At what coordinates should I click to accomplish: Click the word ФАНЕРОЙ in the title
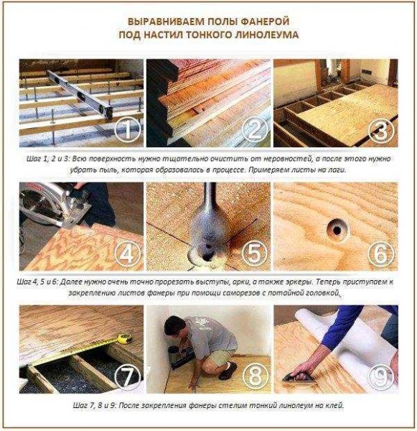pyautogui.click(x=265, y=22)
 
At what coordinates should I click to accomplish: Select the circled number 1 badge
pyautogui.click(x=128, y=130)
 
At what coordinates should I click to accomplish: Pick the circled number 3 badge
pyautogui.click(x=382, y=130)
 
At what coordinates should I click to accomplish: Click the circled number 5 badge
pyautogui.click(x=255, y=254)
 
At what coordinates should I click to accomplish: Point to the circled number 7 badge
pyautogui.click(x=128, y=376)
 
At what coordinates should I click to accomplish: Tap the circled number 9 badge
pyautogui.click(x=382, y=376)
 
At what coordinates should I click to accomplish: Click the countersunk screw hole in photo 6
pyautogui.click(x=337, y=229)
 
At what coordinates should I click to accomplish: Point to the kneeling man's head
pyautogui.click(x=175, y=325)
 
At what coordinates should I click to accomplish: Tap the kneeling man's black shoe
pyautogui.click(x=228, y=369)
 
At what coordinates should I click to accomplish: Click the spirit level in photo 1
pyautogui.click(x=80, y=93)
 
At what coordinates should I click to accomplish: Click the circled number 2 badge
pyautogui.click(x=255, y=130)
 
